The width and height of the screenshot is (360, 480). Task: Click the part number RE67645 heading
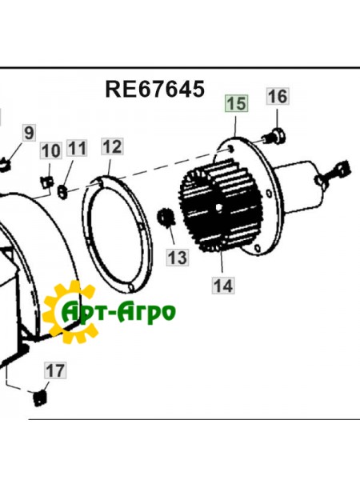click(154, 87)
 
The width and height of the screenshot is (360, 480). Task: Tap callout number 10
click(50, 150)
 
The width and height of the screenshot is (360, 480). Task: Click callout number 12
click(112, 146)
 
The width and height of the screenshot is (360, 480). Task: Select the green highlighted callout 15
click(236, 103)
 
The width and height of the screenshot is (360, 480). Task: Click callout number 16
click(276, 97)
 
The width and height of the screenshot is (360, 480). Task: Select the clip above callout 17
click(40, 397)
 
